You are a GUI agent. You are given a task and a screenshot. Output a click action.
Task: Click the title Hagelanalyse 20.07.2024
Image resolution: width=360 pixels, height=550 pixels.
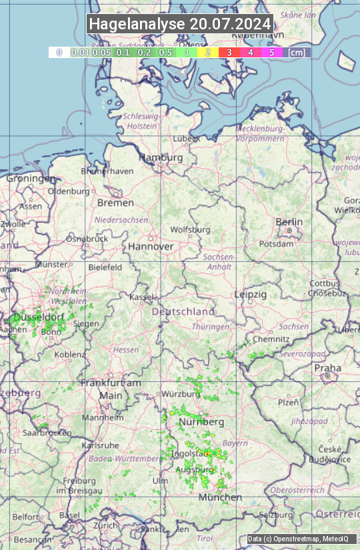pos(180,24)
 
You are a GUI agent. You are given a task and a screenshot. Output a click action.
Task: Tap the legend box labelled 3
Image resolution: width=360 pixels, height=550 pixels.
pos(229,51)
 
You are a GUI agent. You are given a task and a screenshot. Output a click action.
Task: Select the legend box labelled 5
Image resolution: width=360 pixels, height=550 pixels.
pos(271,51)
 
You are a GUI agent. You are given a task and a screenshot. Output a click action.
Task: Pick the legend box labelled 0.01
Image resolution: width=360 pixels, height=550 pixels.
pos(80,51)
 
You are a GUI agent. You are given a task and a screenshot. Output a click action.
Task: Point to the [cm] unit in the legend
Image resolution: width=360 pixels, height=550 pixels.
pos(297,51)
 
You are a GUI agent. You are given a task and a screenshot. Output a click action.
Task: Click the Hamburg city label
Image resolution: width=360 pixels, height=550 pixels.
pos(161,157)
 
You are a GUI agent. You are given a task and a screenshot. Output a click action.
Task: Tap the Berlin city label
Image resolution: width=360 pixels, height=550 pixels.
pos(289,222)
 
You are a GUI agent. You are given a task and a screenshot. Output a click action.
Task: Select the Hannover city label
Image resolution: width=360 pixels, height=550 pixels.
pos(151,246)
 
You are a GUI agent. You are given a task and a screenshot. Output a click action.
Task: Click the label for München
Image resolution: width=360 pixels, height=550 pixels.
pos(220,497)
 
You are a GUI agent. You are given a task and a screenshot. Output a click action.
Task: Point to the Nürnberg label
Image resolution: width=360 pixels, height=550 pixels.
pos(201,422)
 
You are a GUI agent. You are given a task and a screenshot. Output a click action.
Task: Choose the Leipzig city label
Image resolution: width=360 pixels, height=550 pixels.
pos(251,294)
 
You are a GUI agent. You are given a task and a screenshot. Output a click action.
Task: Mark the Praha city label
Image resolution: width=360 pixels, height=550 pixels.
pos(327,368)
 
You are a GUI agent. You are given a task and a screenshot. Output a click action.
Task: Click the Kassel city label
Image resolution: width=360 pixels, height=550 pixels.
pos(141,297)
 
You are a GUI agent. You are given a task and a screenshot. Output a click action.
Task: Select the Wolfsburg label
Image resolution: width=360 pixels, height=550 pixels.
pos(190,229)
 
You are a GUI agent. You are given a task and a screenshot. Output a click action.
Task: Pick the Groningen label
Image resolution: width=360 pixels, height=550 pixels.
pos(31,178)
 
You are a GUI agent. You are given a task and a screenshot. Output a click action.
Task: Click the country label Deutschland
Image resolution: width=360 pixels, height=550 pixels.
pos(183,311)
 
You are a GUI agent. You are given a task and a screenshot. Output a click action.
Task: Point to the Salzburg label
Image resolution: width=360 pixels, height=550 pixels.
pos(276,515)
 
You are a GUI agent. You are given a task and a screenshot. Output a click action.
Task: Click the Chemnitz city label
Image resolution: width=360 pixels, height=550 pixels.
pos(271,339)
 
